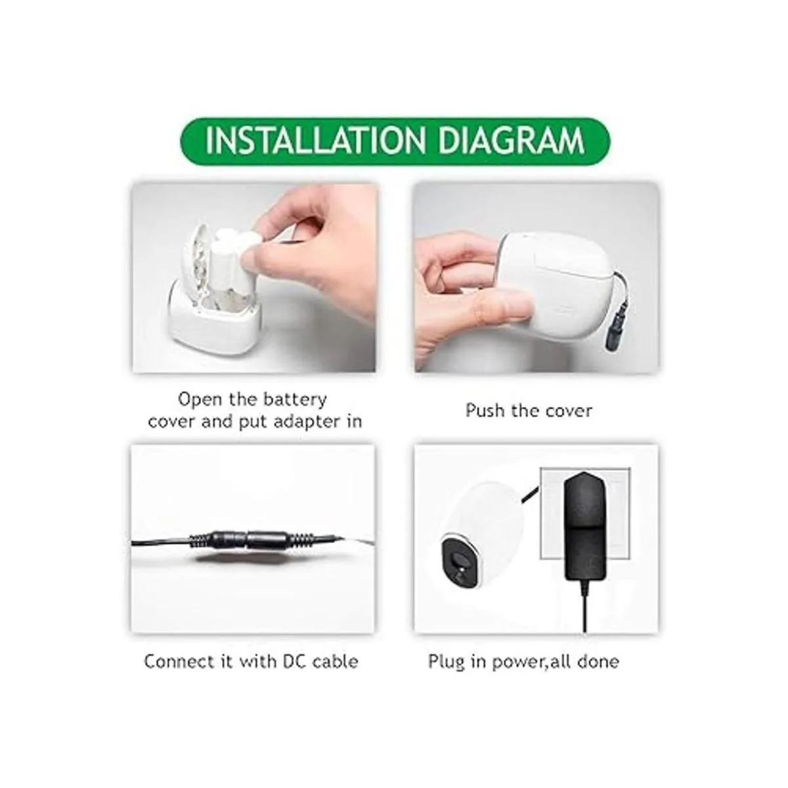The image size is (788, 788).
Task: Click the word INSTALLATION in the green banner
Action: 317,141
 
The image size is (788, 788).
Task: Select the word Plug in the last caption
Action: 446,662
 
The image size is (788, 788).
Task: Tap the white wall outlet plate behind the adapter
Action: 585,514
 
